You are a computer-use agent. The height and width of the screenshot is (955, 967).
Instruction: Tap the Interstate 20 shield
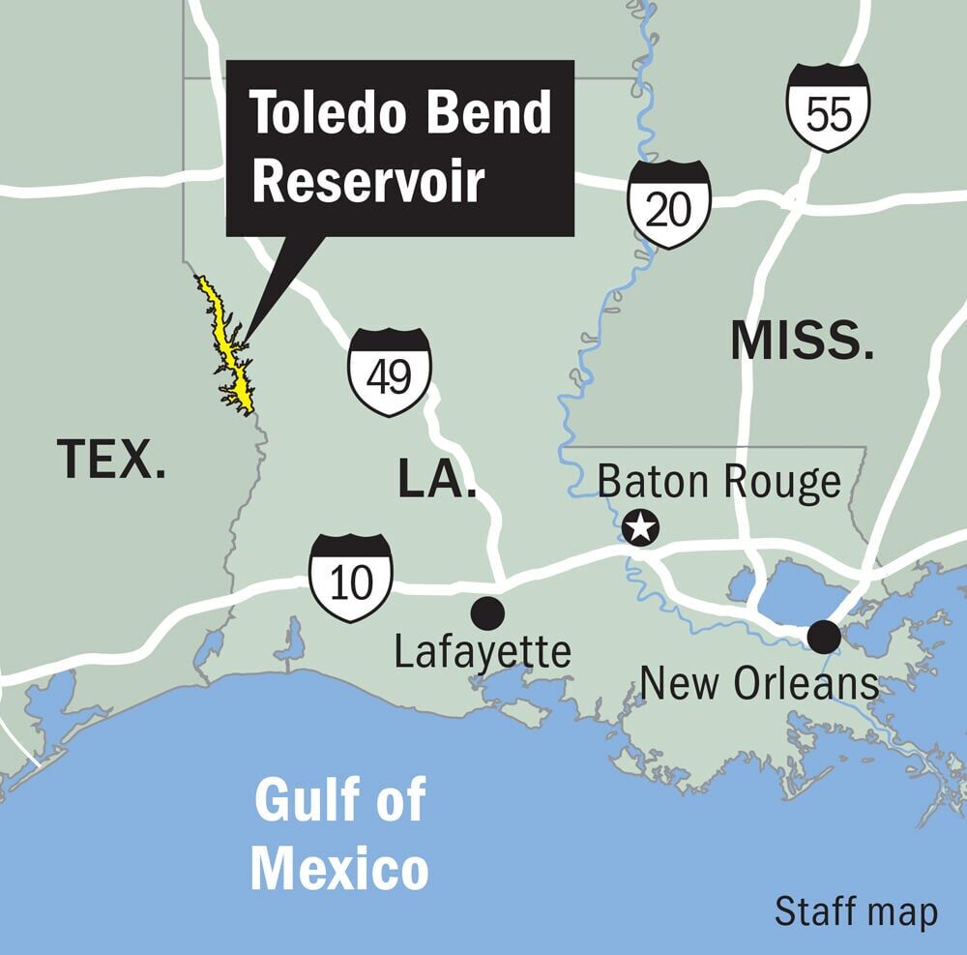(668, 204)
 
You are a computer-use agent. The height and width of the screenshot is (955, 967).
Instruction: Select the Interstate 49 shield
(390, 373)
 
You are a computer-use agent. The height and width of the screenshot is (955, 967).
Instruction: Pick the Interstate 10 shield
(351, 579)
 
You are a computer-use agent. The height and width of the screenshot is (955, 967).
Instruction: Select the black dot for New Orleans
(824, 636)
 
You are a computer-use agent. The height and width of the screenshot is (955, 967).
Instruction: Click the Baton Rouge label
(719, 481)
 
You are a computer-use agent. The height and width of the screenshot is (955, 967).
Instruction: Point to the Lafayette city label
(483, 652)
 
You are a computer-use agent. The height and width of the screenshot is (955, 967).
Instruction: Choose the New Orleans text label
(759, 684)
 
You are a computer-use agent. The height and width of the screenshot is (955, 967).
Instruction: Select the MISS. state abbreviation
(803, 341)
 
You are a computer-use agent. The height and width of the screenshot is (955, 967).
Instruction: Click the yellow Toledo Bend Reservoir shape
(232, 353)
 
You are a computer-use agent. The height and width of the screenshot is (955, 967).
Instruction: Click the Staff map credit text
(856, 911)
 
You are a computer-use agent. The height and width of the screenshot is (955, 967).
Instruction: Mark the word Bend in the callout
(494, 114)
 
